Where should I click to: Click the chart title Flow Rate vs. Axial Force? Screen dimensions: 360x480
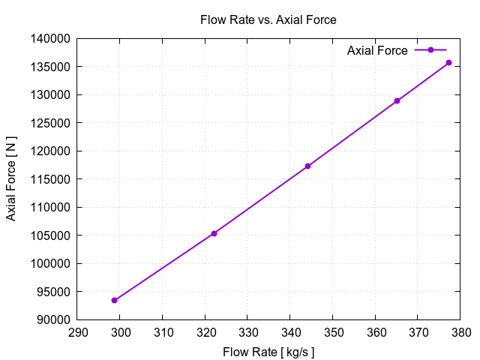click(x=268, y=20)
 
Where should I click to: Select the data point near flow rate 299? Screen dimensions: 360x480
click(x=115, y=300)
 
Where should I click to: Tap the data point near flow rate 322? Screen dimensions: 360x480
click(x=214, y=233)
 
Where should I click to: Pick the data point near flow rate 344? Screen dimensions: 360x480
click(x=307, y=166)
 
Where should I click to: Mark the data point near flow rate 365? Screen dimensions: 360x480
click(x=397, y=100)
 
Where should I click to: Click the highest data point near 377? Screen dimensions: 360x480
click(x=448, y=62)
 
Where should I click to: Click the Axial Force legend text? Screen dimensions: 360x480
click(x=377, y=50)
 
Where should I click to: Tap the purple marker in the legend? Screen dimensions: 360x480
click(x=430, y=50)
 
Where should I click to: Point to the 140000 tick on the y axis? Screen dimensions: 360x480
click(x=52, y=38)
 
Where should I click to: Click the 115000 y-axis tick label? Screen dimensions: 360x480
click(x=52, y=179)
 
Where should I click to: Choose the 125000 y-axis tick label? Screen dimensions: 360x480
click(x=52, y=123)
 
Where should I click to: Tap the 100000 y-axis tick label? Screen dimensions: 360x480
click(x=52, y=263)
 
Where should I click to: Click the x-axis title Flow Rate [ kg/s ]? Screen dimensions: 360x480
click(x=268, y=351)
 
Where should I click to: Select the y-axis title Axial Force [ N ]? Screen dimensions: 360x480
click(x=12, y=179)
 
